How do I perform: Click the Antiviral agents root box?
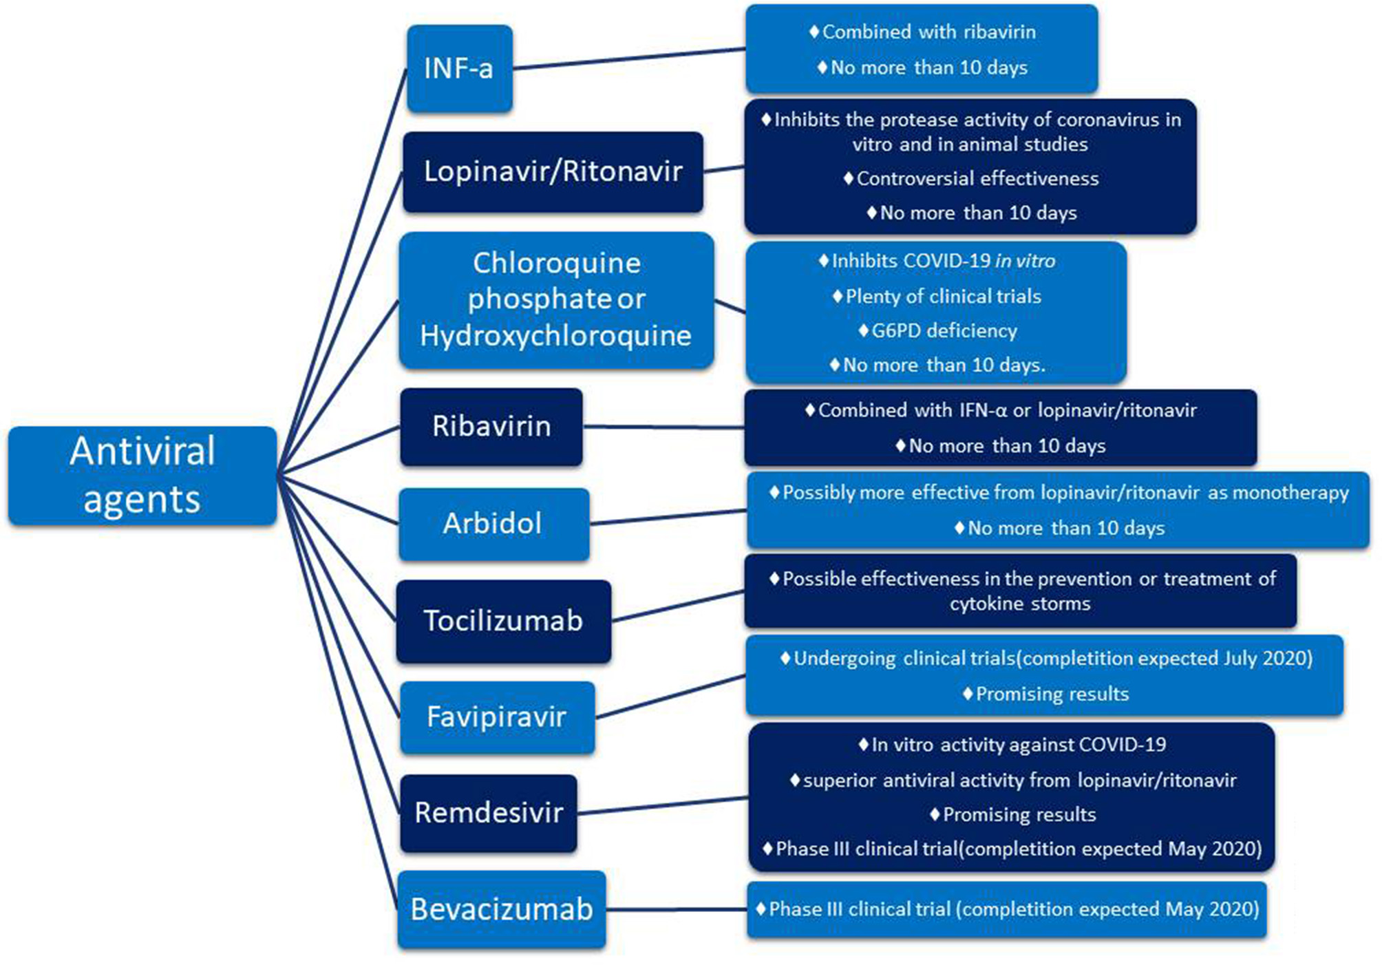click(x=142, y=475)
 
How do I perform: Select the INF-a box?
click(x=459, y=69)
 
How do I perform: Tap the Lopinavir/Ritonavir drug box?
click(x=553, y=171)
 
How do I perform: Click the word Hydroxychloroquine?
click(x=555, y=336)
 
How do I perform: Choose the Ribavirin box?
click(x=491, y=426)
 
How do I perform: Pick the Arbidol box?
click(x=493, y=524)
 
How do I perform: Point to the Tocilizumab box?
click(x=503, y=621)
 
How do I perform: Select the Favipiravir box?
click(x=496, y=717)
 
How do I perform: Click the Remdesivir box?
click(x=489, y=813)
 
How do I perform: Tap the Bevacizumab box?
click(x=501, y=909)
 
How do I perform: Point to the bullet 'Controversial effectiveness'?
click(x=977, y=179)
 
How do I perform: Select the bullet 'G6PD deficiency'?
click(x=944, y=331)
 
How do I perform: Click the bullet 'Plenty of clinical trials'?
click(x=942, y=297)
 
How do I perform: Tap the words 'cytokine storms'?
click(x=1020, y=604)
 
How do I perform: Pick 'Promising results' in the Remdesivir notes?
click(x=1019, y=815)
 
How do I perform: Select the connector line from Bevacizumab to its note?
click(x=676, y=909)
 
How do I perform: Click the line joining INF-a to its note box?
click(x=630, y=59)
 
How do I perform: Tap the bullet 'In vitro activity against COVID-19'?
click(x=1018, y=745)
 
